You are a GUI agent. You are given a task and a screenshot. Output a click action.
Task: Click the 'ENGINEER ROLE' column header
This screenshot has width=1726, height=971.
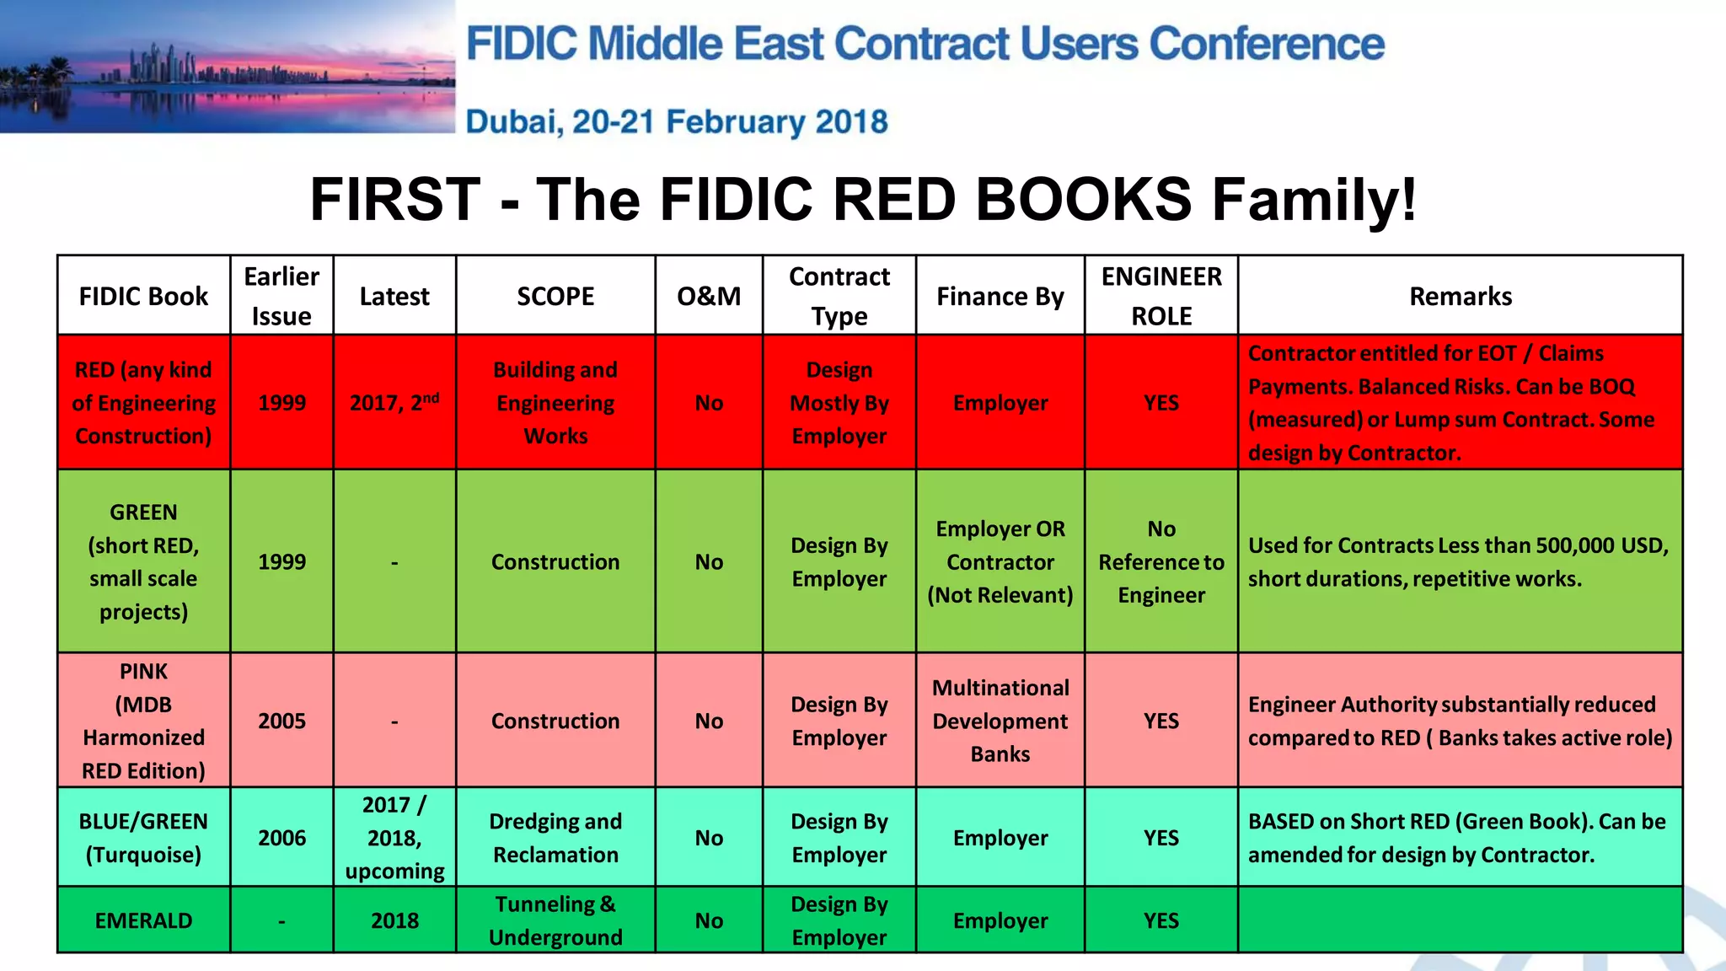(1160, 296)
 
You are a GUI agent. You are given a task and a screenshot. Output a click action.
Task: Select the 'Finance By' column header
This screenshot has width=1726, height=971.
(1000, 297)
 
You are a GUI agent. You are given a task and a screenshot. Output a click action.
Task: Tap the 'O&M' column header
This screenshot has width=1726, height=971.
(709, 297)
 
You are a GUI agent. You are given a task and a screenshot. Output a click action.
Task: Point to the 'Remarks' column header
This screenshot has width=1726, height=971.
(1460, 297)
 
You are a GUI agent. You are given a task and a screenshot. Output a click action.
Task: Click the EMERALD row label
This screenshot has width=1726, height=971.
(143, 920)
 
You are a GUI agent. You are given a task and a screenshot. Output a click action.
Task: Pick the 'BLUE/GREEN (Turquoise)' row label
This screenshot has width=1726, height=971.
(143, 838)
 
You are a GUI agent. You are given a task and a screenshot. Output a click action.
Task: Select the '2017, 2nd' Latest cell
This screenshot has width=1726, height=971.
(394, 403)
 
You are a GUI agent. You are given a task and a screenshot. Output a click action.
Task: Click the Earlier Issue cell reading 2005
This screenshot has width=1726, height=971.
(281, 721)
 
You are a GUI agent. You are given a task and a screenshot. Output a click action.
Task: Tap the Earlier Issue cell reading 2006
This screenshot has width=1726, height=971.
(281, 838)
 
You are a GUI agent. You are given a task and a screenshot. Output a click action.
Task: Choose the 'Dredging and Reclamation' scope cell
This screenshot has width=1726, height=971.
(555, 838)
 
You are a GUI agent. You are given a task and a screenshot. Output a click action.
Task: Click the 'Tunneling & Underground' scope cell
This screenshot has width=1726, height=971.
(555, 920)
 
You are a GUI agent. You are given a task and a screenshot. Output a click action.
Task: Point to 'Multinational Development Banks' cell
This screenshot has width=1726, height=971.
(1000, 721)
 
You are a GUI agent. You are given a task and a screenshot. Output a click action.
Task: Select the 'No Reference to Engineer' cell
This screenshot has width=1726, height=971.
(1160, 562)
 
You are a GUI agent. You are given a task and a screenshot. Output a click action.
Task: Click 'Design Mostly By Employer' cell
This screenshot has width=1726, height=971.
(839, 403)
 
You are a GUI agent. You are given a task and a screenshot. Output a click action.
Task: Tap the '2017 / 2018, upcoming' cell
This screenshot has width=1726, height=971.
(394, 838)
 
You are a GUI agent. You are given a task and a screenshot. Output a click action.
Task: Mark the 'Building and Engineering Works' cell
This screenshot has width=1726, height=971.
(555, 403)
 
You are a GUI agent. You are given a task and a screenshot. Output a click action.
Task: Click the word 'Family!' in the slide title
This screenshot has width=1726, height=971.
(1314, 201)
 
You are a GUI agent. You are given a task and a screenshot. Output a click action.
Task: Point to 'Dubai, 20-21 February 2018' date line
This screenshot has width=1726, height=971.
(677, 122)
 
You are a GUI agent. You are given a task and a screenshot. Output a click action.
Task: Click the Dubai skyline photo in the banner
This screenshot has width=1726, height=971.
(228, 67)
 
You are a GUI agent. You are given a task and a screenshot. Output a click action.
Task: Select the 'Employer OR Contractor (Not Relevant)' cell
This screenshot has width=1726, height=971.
(1000, 562)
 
